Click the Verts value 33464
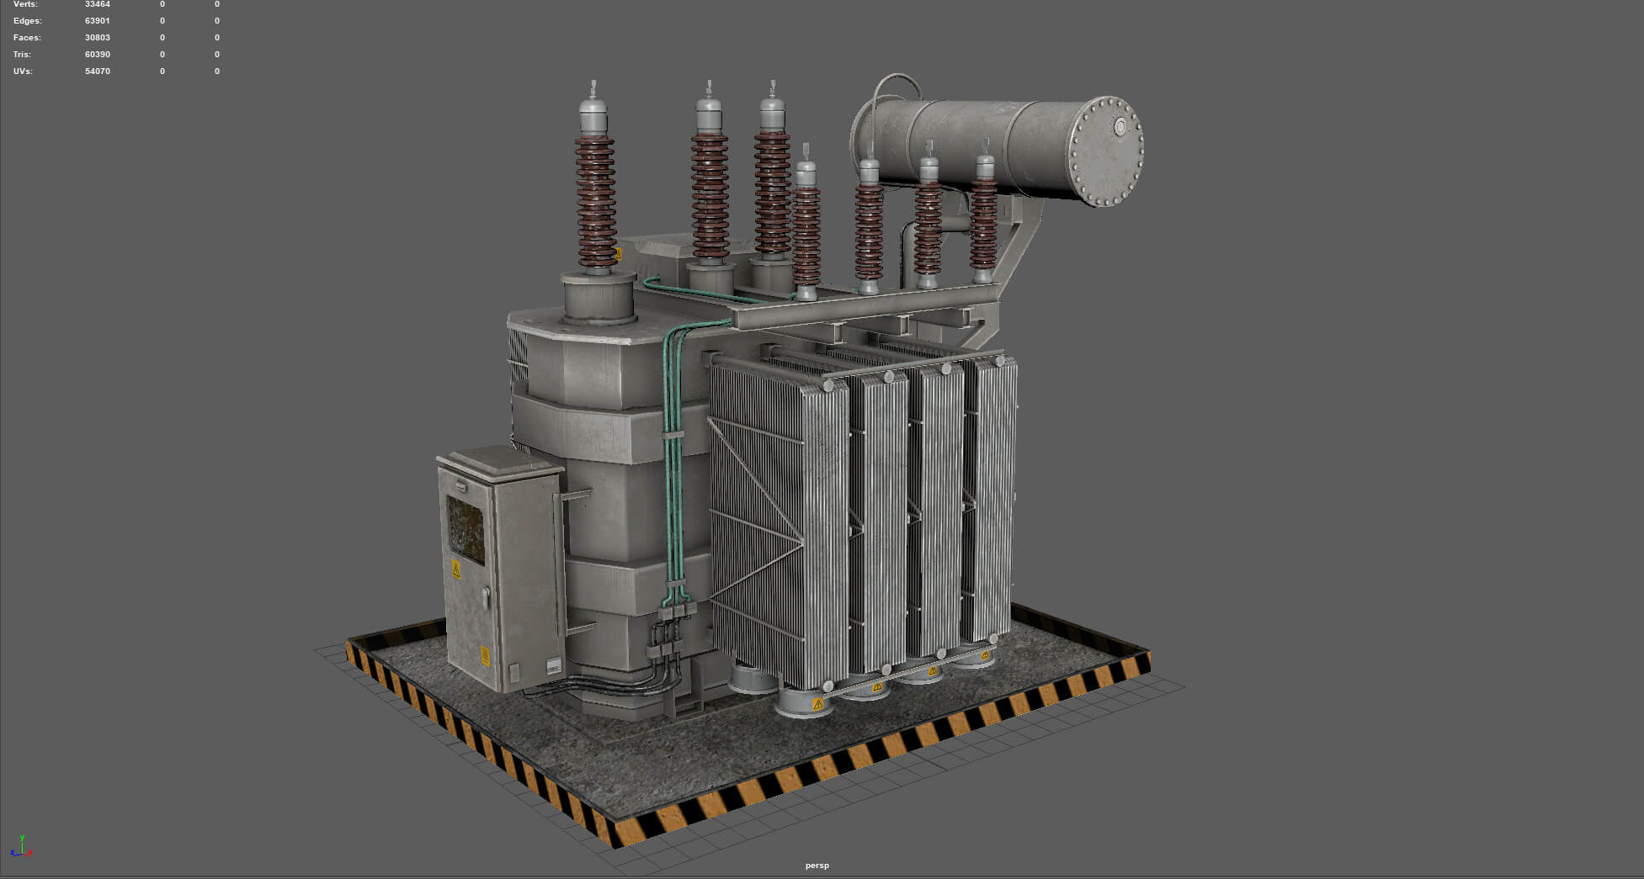(97, 5)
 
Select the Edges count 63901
(97, 21)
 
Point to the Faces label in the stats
(27, 38)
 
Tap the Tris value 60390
(97, 55)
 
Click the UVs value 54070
(97, 71)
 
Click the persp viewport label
(817, 866)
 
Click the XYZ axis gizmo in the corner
(22, 847)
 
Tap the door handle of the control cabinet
(486, 597)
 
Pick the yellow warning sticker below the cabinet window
(456, 569)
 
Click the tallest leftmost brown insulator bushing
(595, 202)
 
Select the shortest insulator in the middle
(806, 227)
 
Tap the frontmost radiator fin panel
(779, 522)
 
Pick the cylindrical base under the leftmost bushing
(598, 299)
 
